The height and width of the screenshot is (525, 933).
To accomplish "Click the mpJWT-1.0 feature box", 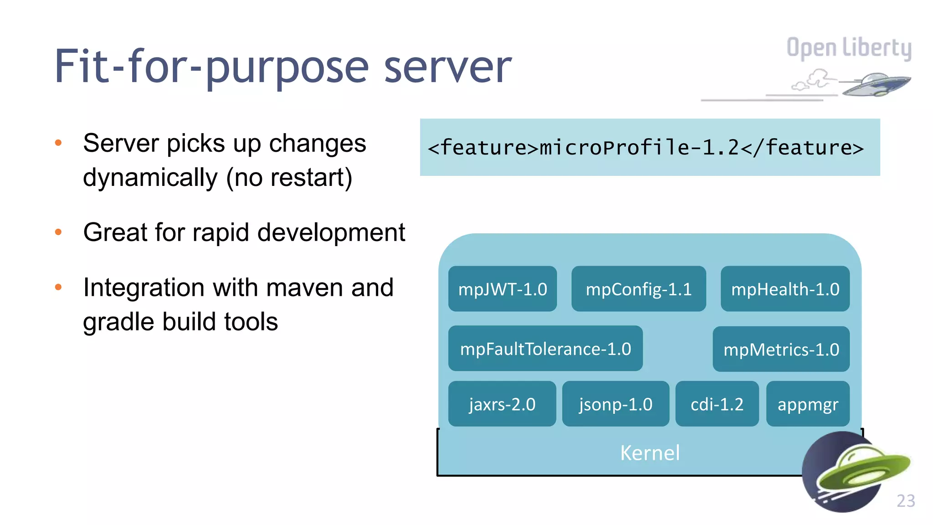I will point(502,289).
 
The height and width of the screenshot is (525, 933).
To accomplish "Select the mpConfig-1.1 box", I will point(639,289).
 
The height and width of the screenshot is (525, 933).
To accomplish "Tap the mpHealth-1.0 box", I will point(785,289).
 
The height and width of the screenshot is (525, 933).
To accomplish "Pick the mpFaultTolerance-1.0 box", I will point(545,349).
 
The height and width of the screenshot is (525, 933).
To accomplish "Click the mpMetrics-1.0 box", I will point(781,350).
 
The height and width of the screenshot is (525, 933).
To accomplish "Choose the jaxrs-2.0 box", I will point(502,404).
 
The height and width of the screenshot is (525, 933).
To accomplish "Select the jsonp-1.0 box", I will point(615,404).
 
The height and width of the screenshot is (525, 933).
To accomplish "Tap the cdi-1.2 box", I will point(717,404).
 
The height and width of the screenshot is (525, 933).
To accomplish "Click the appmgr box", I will point(808,404).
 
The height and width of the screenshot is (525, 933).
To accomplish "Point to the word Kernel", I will point(650,453).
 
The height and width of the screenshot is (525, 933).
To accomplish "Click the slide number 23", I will point(906,501).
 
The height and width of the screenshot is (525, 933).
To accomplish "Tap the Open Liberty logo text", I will point(849,48).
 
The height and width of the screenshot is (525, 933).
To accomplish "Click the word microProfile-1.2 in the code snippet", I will point(639,148).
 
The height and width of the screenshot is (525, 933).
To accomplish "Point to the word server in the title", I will point(448,67).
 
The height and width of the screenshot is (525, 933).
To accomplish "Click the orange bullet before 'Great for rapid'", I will point(58,232).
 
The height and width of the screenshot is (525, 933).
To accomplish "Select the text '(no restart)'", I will point(289,178).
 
